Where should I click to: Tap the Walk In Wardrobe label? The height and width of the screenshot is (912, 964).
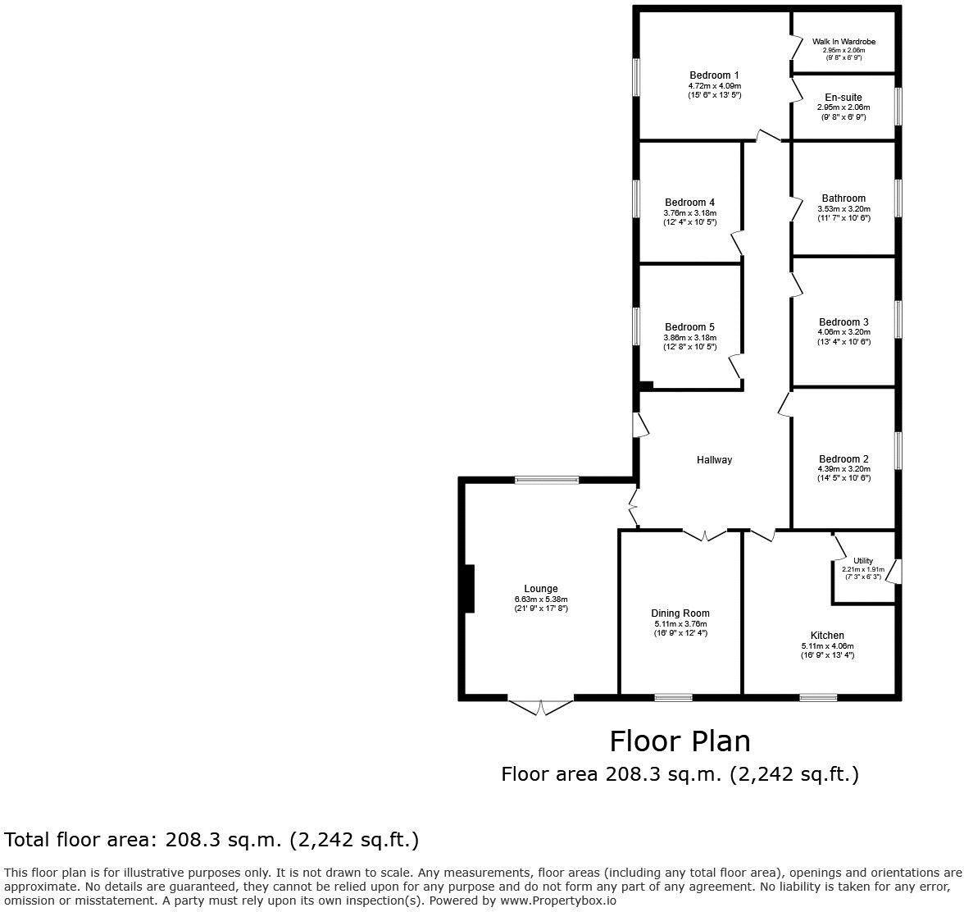click(843, 42)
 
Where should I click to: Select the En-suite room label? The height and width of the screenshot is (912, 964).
click(843, 98)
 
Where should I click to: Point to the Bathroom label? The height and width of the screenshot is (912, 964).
click(843, 198)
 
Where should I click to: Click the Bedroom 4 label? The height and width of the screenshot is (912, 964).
click(689, 203)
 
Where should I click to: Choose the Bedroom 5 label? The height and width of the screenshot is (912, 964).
click(689, 327)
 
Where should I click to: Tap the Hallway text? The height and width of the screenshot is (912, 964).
click(714, 460)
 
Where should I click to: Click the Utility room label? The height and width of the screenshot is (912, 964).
click(863, 561)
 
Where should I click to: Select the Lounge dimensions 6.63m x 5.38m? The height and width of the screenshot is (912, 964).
click(541, 599)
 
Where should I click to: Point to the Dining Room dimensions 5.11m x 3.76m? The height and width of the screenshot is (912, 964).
click(680, 623)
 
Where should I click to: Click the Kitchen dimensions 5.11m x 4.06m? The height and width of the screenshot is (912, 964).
click(827, 645)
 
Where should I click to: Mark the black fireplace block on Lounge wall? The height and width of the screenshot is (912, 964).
click(469, 588)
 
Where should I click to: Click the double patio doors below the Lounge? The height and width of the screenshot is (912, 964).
click(540, 706)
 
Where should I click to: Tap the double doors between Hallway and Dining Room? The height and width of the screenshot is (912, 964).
click(705, 535)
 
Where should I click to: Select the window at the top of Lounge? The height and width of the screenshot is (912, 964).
click(547, 480)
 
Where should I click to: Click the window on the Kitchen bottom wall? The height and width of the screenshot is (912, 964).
click(818, 698)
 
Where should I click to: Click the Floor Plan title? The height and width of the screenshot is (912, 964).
click(680, 741)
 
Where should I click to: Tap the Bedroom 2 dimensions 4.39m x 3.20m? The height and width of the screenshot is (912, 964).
click(843, 469)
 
